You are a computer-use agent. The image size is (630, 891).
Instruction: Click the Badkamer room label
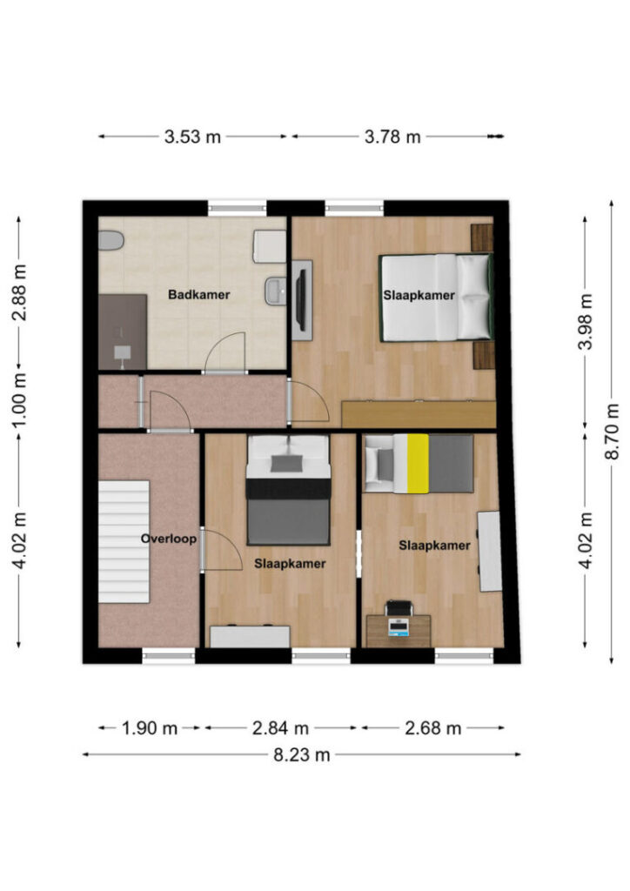click(x=198, y=294)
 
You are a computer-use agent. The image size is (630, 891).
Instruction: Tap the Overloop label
click(x=169, y=539)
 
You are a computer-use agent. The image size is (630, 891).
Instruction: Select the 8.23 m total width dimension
click(x=302, y=754)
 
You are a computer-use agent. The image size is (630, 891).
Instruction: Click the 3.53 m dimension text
click(x=192, y=137)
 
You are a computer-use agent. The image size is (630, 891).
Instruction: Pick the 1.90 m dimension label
click(x=150, y=728)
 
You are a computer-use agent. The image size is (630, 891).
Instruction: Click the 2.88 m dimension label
click(x=19, y=292)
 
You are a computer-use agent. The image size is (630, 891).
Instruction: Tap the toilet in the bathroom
click(x=111, y=240)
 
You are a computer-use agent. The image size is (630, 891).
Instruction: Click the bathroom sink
click(x=275, y=291)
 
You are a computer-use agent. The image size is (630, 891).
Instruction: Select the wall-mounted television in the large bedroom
click(x=302, y=300)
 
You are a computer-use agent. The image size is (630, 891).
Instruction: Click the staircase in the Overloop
click(x=124, y=541)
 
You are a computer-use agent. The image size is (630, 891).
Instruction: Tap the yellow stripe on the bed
click(x=418, y=463)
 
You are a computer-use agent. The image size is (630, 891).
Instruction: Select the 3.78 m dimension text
click(x=392, y=137)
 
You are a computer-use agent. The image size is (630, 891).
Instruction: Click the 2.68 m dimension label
click(x=432, y=728)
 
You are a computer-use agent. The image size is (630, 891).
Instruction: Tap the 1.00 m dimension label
click(x=19, y=400)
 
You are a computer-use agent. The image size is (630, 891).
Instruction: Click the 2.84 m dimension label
click(x=281, y=728)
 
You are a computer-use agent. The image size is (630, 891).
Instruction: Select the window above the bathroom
click(x=237, y=208)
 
